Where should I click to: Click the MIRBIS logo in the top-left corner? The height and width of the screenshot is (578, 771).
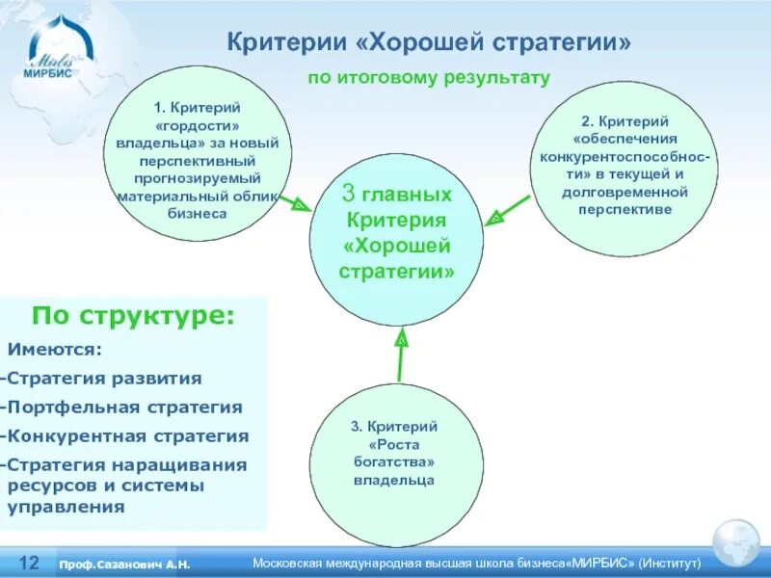53,53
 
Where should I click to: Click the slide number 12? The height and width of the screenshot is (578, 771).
29,562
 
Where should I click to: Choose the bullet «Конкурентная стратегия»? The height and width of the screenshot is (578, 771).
127,436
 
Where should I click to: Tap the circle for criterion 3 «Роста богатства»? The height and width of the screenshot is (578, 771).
394,452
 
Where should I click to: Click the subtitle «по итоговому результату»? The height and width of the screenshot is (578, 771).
428,77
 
